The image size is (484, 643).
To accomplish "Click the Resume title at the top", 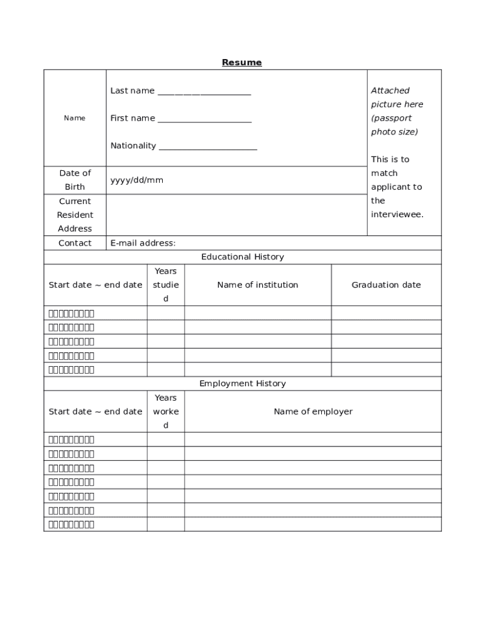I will tap(241, 62).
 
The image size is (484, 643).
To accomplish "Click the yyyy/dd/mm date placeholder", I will tap(136, 180).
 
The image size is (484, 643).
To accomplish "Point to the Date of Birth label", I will tap(75, 180).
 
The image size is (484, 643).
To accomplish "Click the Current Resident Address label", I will tap(75, 215).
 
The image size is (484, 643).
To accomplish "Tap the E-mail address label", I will tap(143, 243).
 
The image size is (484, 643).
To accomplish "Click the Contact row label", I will tap(75, 243).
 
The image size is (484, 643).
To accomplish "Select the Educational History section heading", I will tap(242, 257).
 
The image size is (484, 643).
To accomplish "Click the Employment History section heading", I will tap(242, 384).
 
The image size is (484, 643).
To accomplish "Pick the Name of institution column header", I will tap(258, 285).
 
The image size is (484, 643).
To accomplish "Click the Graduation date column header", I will tap(386, 285).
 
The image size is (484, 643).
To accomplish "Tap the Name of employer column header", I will tap(313, 412).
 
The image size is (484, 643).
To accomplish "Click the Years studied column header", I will tap(166, 285).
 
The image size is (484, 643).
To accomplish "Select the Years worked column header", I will tap(166, 412).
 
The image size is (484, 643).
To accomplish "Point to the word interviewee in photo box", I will tap(397, 215).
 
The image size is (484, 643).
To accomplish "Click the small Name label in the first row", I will tap(75, 118).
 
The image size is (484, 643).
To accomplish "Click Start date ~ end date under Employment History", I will tap(96, 412).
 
